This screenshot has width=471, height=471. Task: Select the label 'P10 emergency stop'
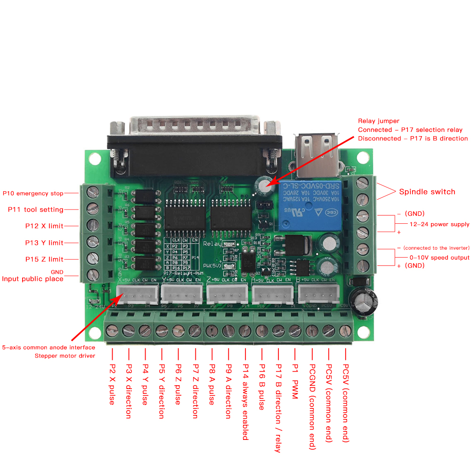pos(33,193)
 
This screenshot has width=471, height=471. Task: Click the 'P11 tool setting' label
pos(36,210)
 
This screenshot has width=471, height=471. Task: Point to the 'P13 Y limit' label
pos(44,243)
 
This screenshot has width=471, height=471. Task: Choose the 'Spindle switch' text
pos(427,192)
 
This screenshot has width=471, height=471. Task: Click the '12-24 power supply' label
pos(439,224)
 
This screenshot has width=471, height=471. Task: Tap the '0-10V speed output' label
pos(439,258)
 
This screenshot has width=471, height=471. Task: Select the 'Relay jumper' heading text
pos(379,122)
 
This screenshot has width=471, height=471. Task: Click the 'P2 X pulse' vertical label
pos(112,384)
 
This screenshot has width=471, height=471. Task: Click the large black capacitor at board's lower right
pos(365,301)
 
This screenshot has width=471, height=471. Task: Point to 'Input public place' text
pos(33,279)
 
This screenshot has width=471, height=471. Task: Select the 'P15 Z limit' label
pos(44,259)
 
